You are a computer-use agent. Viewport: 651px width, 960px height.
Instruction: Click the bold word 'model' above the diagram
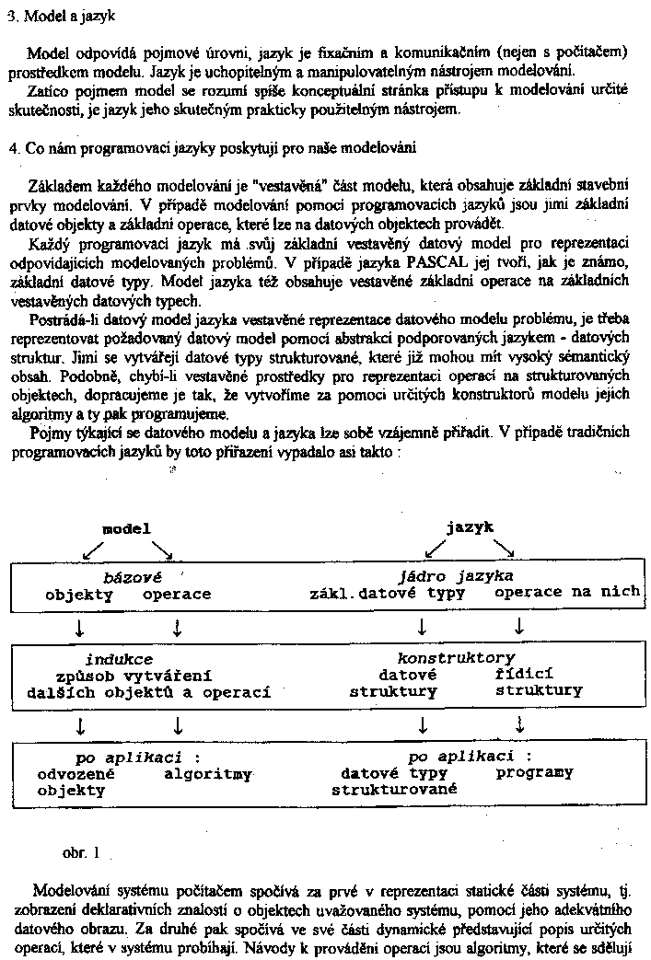point(126,528)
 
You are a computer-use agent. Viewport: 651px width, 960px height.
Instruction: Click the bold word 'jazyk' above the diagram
point(470,527)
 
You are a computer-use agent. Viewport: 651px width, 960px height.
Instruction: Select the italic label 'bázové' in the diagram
point(132,577)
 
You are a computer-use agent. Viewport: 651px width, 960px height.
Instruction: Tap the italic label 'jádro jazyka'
point(456,575)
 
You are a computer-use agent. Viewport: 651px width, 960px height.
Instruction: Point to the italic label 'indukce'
point(119,659)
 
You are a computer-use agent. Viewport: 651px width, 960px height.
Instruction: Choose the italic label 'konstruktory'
point(456,658)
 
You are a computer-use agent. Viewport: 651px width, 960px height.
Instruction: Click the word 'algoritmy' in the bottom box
point(208,774)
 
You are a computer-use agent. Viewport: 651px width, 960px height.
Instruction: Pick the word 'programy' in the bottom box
point(534,772)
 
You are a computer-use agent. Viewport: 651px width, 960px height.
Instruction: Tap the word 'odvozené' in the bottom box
point(76,774)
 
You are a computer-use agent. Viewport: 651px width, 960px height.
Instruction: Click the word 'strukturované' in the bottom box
point(394,789)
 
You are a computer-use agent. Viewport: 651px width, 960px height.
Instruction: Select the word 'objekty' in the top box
point(79,594)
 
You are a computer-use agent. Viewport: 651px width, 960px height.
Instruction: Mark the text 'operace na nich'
point(566,592)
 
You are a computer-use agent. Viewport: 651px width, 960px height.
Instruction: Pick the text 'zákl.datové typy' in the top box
point(387,593)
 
